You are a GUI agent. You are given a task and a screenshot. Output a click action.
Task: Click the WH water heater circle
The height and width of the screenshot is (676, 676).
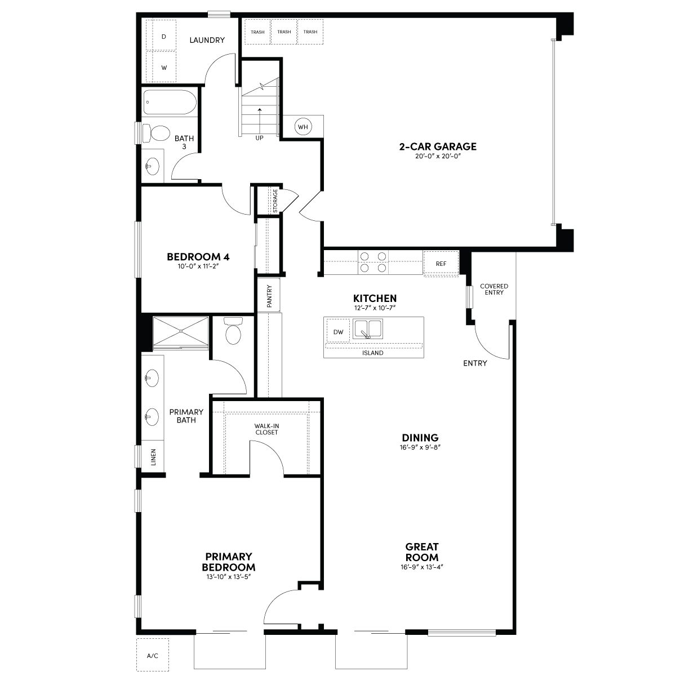(x=303, y=127)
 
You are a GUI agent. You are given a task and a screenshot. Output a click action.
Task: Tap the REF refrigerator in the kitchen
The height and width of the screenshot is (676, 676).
(x=441, y=264)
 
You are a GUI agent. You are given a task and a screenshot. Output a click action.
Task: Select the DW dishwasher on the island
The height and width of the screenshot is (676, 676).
(x=338, y=331)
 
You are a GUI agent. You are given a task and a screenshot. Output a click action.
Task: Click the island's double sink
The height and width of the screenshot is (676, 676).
(x=368, y=329)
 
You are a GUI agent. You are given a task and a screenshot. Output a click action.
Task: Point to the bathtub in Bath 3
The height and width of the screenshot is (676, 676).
(x=170, y=102)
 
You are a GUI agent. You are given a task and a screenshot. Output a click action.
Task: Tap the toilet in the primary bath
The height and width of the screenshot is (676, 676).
(x=233, y=331)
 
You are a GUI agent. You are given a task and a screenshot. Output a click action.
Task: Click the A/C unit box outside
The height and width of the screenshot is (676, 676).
(x=153, y=655)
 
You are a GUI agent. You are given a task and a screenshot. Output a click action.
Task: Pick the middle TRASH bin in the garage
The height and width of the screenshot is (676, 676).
(x=284, y=32)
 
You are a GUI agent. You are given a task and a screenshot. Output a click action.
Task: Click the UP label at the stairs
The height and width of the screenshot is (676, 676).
(x=259, y=138)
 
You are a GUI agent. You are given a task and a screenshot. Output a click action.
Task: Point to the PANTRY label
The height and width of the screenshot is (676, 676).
(x=269, y=296)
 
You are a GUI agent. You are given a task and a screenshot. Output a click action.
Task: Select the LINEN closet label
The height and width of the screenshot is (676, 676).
(x=153, y=457)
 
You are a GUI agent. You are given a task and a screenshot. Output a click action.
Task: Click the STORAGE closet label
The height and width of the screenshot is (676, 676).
(x=275, y=201)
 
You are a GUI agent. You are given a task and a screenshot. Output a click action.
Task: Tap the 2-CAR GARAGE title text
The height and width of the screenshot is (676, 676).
(x=438, y=146)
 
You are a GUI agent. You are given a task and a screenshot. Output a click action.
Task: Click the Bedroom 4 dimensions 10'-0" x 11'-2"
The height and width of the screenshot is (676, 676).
(x=198, y=266)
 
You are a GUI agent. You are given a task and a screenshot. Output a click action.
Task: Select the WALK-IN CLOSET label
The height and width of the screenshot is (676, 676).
(x=266, y=429)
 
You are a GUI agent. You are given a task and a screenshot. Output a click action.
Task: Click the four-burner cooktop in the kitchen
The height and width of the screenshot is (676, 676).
(x=373, y=262)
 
